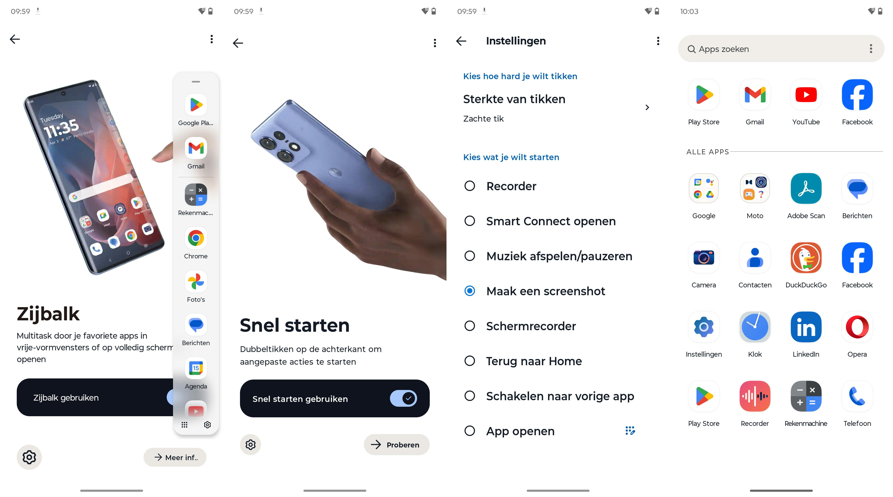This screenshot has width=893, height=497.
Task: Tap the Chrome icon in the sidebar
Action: pos(196,238)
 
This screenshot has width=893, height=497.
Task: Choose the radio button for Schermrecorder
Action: pos(470,326)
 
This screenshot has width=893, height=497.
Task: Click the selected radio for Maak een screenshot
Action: pos(470,291)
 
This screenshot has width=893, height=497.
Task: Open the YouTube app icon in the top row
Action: pos(806,95)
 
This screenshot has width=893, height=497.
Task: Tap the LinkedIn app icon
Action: pos(806,327)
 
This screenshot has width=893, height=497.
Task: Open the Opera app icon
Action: pos(857,327)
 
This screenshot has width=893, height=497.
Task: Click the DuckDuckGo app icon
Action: pos(806,258)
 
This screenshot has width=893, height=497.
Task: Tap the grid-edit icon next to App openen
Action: pos(630,431)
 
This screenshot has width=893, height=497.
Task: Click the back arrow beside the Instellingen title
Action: pos(461,41)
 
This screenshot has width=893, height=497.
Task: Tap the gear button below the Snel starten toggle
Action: pos(250,445)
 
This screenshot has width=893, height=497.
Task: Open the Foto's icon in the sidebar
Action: pos(196,282)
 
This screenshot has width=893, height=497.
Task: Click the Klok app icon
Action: pos(755,327)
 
